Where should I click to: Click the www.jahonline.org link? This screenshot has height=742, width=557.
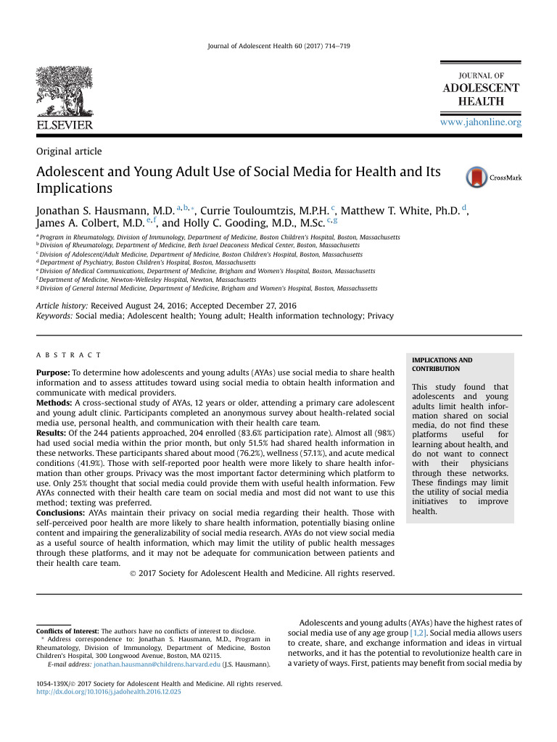[481, 122]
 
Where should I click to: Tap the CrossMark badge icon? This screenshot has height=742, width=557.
[477, 178]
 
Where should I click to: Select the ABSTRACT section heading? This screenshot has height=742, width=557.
[69, 355]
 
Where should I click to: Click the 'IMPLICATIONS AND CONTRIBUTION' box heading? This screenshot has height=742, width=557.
[442, 364]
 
